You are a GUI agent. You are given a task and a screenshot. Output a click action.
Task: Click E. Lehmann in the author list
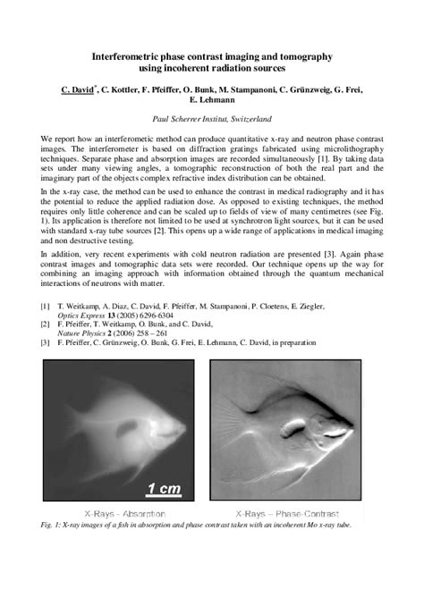(x=212, y=101)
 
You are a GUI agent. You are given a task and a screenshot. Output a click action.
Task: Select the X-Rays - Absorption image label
(x=110, y=515)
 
